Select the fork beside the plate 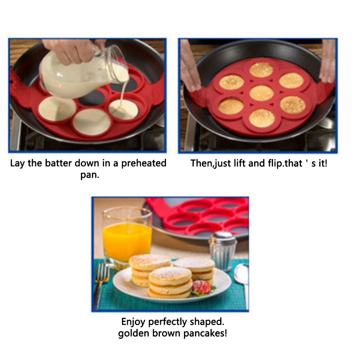pyautogui.click(x=101, y=284)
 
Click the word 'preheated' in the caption pyautogui.click(x=144, y=163)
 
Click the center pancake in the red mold pyautogui.click(x=262, y=93)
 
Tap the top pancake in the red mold pyautogui.click(x=261, y=69)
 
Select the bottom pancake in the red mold pyautogui.click(x=262, y=118)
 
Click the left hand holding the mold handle pyautogui.click(x=190, y=67)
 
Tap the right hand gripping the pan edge pyautogui.click(x=328, y=61)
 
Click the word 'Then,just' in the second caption pyautogui.click(x=211, y=163)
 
